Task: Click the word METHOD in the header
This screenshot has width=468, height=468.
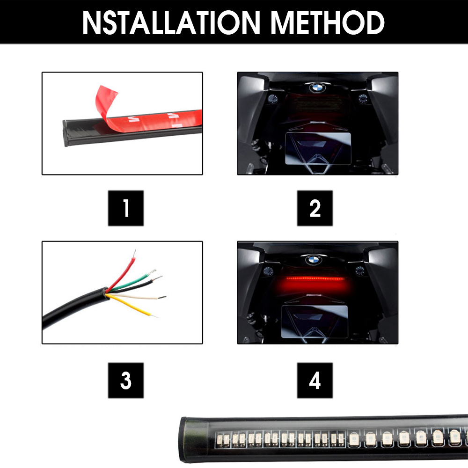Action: click(x=328, y=22)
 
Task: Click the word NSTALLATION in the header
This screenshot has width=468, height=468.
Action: click(x=171, y=22)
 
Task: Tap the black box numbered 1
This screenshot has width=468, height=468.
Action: click(x=125, y=208)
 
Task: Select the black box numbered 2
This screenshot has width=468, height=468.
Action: click(x=315, y=208)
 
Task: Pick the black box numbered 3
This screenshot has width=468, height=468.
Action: click(x=125, y=380)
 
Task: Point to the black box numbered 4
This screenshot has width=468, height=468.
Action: click(x=315, y=380)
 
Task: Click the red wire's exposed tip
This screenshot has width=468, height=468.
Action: click(x=134, y=253)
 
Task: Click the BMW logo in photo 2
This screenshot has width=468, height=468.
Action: click(x=317, y=88)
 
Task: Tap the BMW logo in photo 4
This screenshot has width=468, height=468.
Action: click(x=313, y=260)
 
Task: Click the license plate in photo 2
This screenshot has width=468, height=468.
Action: click(x=318, y=148)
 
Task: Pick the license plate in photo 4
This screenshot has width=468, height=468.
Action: click(x=314, y=322)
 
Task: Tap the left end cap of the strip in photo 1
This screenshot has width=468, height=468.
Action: click(x=65, y=133)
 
